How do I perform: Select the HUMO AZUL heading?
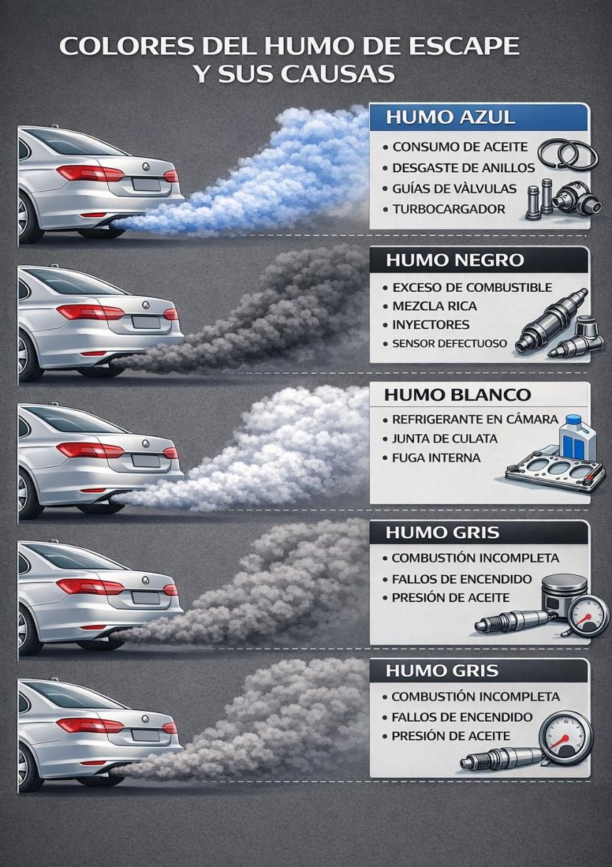450,117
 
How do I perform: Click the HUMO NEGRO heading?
455,260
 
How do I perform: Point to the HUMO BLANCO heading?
458,395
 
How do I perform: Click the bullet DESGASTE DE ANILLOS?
463,168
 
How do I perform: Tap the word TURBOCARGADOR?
449,209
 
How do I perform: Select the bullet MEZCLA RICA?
434,306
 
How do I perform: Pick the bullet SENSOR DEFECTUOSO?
450,343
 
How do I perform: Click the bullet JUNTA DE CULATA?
445,438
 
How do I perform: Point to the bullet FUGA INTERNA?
436,458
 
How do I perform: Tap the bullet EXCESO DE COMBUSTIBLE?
472,288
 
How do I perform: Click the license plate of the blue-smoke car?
146,184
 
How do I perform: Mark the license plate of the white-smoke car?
146,461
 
